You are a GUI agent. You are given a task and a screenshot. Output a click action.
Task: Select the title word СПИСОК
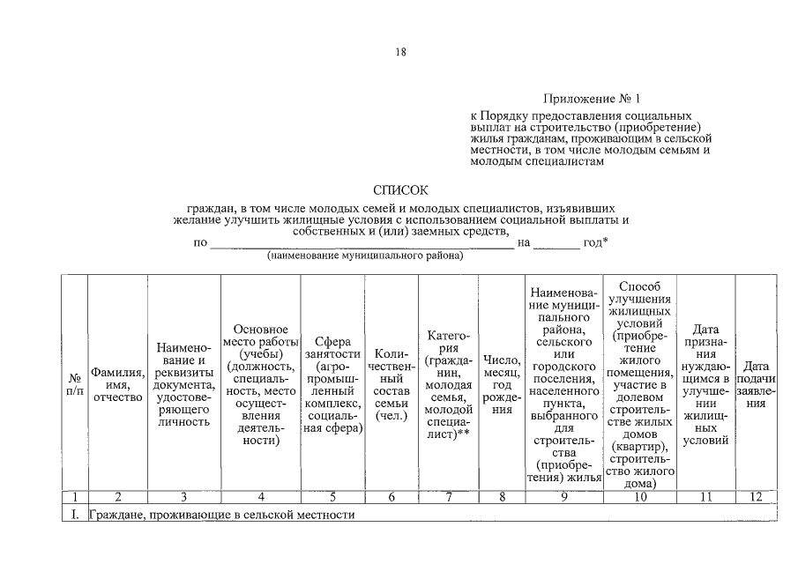(x=400, y=189)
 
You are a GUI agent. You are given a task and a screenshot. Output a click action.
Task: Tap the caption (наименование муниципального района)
(x=365, y=256)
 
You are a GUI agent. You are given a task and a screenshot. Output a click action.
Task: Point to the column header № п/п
(x=74, y=384)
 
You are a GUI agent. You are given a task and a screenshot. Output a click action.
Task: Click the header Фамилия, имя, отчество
(x=117, y=384)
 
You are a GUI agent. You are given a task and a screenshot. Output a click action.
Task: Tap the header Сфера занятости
(x=332, y=384)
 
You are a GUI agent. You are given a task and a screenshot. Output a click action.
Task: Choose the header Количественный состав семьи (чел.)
(x=391, y=384)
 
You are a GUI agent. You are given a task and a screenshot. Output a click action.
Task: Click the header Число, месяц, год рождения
(x=502, y=384)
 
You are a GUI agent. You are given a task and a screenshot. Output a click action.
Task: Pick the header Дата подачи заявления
(x=757, y=384)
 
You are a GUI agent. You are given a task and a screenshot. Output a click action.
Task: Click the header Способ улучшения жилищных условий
(x=640, y=384)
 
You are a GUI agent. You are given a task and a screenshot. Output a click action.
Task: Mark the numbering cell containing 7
(x=448, y=497)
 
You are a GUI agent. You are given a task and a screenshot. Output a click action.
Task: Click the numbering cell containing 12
(x=756, y=497)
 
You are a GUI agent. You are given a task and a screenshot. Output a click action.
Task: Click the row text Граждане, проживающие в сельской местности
(x=221, y=514)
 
